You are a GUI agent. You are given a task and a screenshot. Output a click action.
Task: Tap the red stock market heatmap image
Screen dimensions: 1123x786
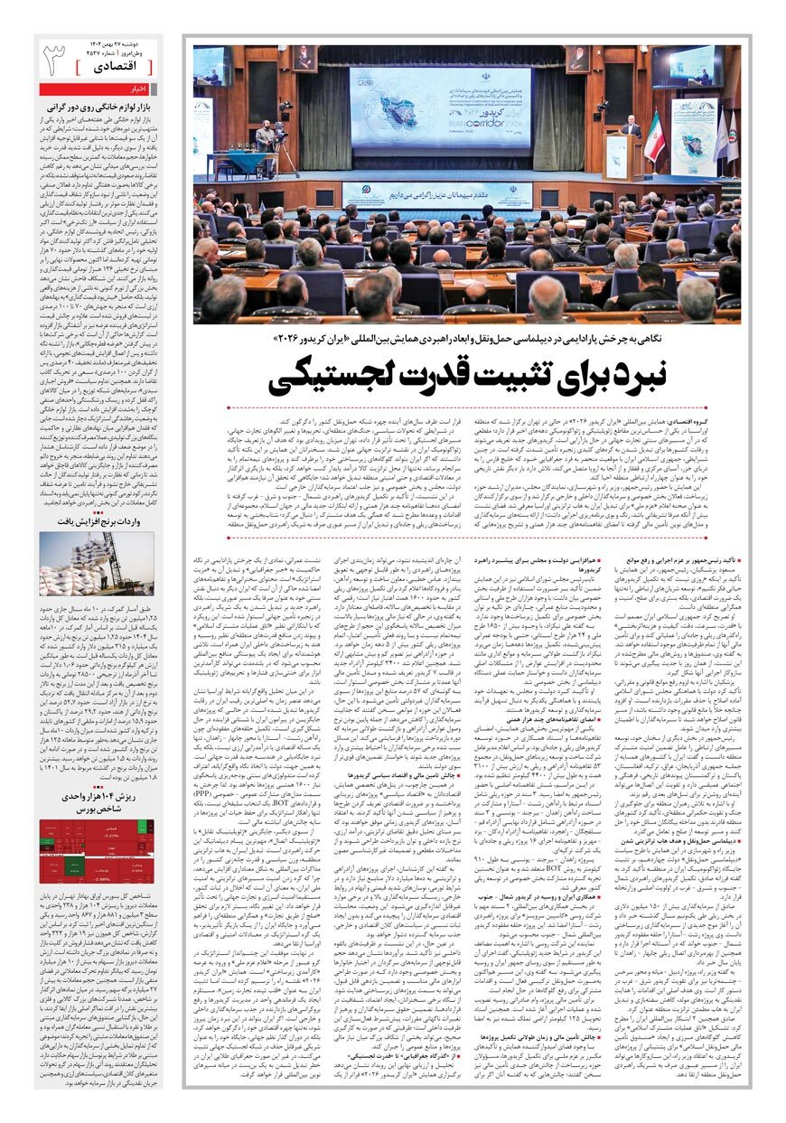(97, 853)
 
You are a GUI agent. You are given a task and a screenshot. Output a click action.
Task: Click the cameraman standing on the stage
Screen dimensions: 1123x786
(264, 137)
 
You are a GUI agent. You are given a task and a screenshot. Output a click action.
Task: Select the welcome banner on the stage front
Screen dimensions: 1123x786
(439, 192)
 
